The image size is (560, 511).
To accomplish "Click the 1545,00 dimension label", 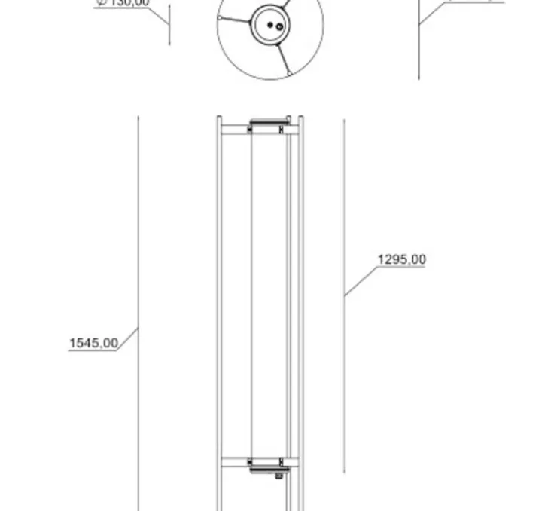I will click(x=93, y=344).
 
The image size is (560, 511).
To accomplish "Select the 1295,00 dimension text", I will click(x=401, y=260).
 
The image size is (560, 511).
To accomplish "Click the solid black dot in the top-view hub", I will click(x=269, y=24).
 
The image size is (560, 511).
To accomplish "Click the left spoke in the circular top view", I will click(x=234, y=21).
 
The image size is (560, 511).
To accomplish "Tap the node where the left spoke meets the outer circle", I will click(x=219, y=18).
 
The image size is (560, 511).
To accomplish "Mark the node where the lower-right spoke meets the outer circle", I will click(x=289, y=74).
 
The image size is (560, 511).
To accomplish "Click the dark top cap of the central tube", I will click(x=269, y=121).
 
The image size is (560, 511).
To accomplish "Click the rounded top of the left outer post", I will click(x=219, y=118).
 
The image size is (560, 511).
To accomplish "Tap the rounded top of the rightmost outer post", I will click(x=301, y=118).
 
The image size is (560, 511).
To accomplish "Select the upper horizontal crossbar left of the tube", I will click(x=234, y=130).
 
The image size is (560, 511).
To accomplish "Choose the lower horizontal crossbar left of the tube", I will click(x=234, y=462).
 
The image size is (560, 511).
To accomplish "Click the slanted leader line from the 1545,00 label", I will click(x=129, y=338).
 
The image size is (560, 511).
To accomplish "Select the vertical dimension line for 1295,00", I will click(x=345, y=377).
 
